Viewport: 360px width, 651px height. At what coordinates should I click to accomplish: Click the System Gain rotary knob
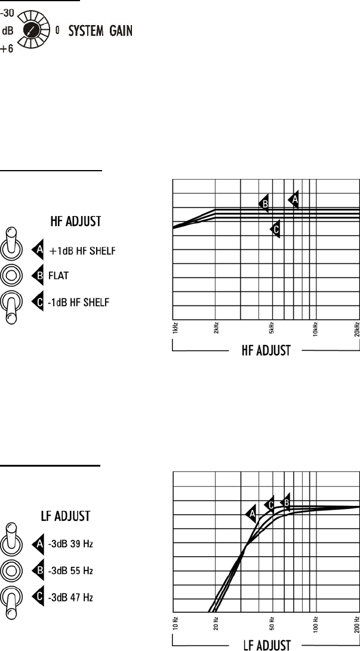(x=32, y=29)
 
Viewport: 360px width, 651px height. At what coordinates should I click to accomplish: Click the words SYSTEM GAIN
(x=100, y=30)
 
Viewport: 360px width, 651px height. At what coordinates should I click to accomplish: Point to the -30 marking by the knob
(x=7, y=14)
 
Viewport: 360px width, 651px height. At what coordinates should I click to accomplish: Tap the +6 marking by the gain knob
(x=7, y=49)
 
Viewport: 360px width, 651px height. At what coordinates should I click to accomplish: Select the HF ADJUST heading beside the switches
(x=76, y=221)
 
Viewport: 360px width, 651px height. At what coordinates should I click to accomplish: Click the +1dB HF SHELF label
(x=82, y=251)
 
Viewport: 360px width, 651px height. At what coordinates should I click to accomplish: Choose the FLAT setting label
(x=59, y=276)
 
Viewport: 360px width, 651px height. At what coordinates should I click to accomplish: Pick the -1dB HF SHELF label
(x=78, y=303)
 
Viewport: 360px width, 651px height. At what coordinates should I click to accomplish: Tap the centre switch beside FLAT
(x=10, y=275)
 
